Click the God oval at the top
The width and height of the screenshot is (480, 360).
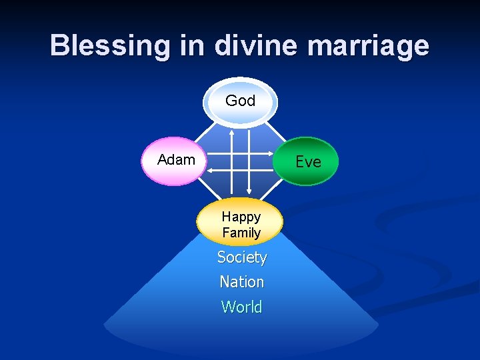241,101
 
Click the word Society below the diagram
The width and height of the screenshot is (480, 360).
242,257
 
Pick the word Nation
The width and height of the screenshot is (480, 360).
242,282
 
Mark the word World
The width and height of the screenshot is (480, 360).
242,307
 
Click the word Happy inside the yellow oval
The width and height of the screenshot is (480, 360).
241,217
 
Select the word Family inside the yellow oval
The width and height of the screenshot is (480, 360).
241,233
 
